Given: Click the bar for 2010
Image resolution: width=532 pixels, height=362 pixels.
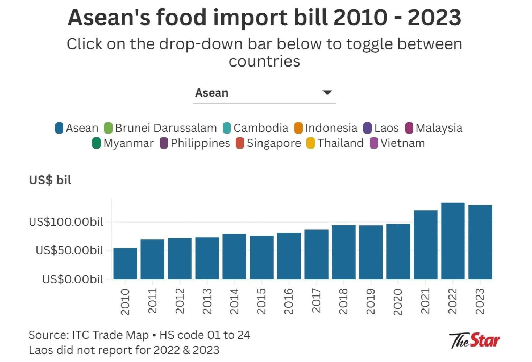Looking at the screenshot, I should (125, 264).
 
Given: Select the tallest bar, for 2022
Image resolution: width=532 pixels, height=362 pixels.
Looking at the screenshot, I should (453, 241).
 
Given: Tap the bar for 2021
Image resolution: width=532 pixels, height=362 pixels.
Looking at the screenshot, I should (426, 245).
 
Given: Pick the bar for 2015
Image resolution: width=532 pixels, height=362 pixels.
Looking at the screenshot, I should (262, 257).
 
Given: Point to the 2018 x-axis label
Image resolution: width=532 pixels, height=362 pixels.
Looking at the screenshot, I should (343, 301).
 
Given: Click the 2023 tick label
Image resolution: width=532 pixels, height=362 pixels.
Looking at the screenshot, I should (480, 301).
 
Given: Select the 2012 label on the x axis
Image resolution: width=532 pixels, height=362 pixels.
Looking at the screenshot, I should (180, 301).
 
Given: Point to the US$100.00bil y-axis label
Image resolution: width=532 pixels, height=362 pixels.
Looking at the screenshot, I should (66, 222).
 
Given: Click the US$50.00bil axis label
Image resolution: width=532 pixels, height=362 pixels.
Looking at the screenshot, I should (69, 250).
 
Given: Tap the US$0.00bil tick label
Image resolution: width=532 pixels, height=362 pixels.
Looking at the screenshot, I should (73, 279).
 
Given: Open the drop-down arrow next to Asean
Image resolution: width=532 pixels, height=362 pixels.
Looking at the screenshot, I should (327, 93).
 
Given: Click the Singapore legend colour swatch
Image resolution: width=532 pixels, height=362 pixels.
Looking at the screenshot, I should (240, 143).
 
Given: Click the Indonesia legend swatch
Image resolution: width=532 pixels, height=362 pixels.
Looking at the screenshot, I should (298, 128).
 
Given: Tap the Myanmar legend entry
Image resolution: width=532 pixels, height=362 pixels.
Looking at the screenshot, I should (123, 143).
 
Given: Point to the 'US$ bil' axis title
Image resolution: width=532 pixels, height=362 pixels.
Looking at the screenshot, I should (50, 180).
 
